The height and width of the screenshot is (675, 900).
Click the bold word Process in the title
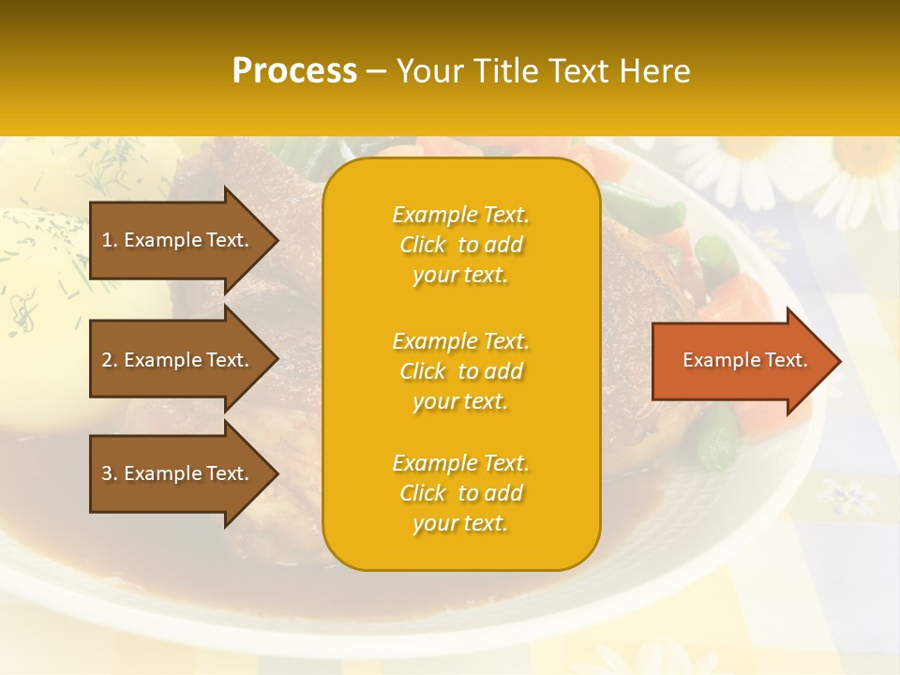294,71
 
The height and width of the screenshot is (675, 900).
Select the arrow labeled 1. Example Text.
178,240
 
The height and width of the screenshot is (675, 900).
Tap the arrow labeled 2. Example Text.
178,360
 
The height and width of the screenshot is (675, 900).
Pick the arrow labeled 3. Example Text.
178,473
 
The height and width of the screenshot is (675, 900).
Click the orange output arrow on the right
741,360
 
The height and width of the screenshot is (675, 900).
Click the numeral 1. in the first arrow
109,240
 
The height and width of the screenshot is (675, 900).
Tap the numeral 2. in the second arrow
109,360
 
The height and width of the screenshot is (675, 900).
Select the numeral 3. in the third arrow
109,473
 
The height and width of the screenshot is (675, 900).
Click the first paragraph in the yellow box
460,245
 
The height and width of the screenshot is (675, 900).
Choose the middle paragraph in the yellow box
460,371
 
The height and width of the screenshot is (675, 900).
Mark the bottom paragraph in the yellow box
460,493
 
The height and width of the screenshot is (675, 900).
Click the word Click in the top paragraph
423,245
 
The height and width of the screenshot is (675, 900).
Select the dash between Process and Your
376,71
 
